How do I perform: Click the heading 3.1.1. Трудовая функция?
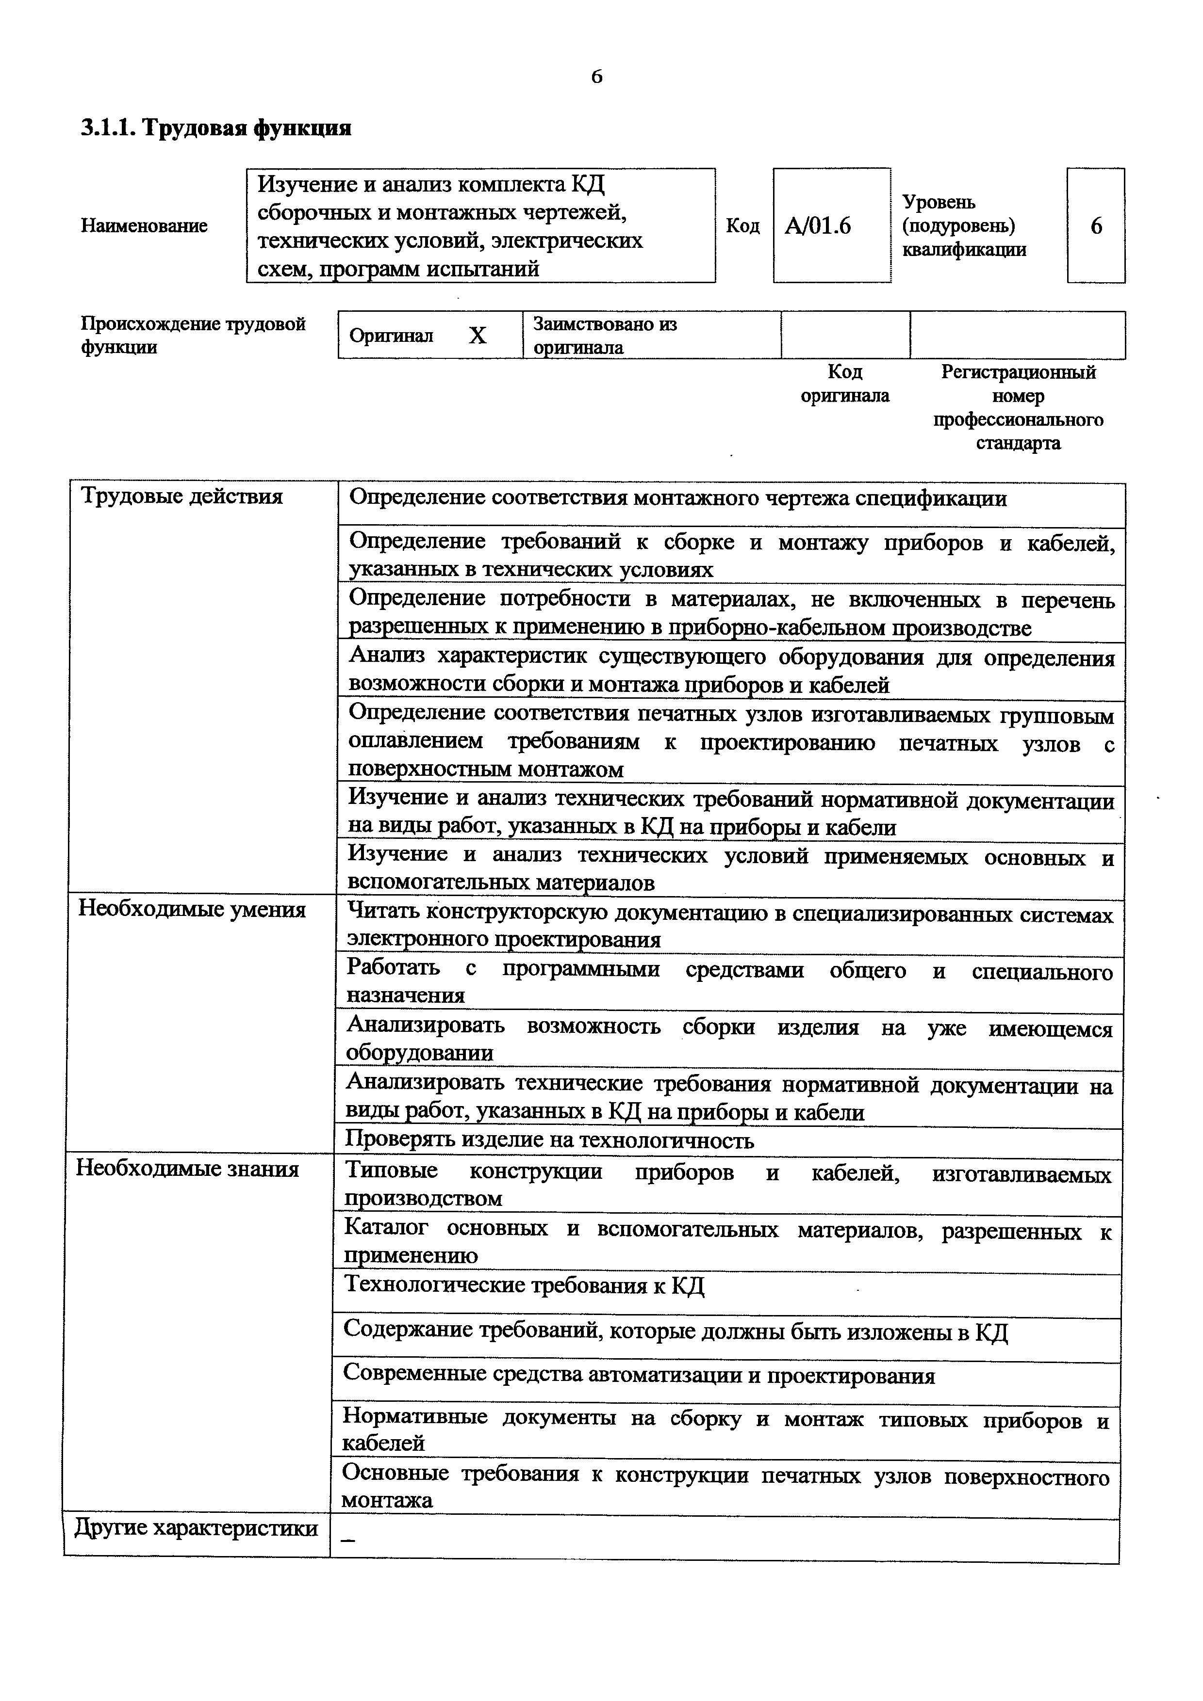(x=215, y=128)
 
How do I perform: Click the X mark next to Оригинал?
(x=478, y=336)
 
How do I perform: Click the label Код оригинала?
(x=844, y=384)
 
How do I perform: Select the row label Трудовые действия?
(x=181, y=496)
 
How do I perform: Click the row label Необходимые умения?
(x=192, y=909)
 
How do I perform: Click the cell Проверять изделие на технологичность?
(x=549, y=1140)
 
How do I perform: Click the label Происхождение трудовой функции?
(x=193, y=336)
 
